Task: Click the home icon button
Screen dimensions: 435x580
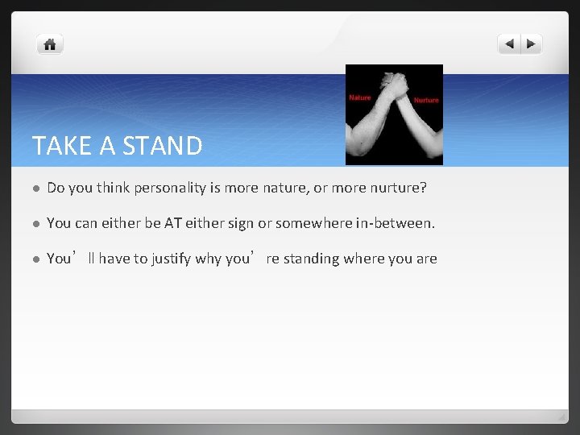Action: pos(50,45)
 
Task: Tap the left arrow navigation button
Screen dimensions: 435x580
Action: pos(509,44)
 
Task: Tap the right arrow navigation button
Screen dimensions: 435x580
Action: pos(532,44)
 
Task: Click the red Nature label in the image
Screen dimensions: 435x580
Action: pos(359,97)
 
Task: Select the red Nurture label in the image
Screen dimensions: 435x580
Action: pos(426,101)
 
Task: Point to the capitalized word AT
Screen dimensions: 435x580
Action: pos(173,223)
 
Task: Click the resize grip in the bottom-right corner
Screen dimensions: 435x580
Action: pos(562,417)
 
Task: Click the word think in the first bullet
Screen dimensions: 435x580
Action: pos(112,188)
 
